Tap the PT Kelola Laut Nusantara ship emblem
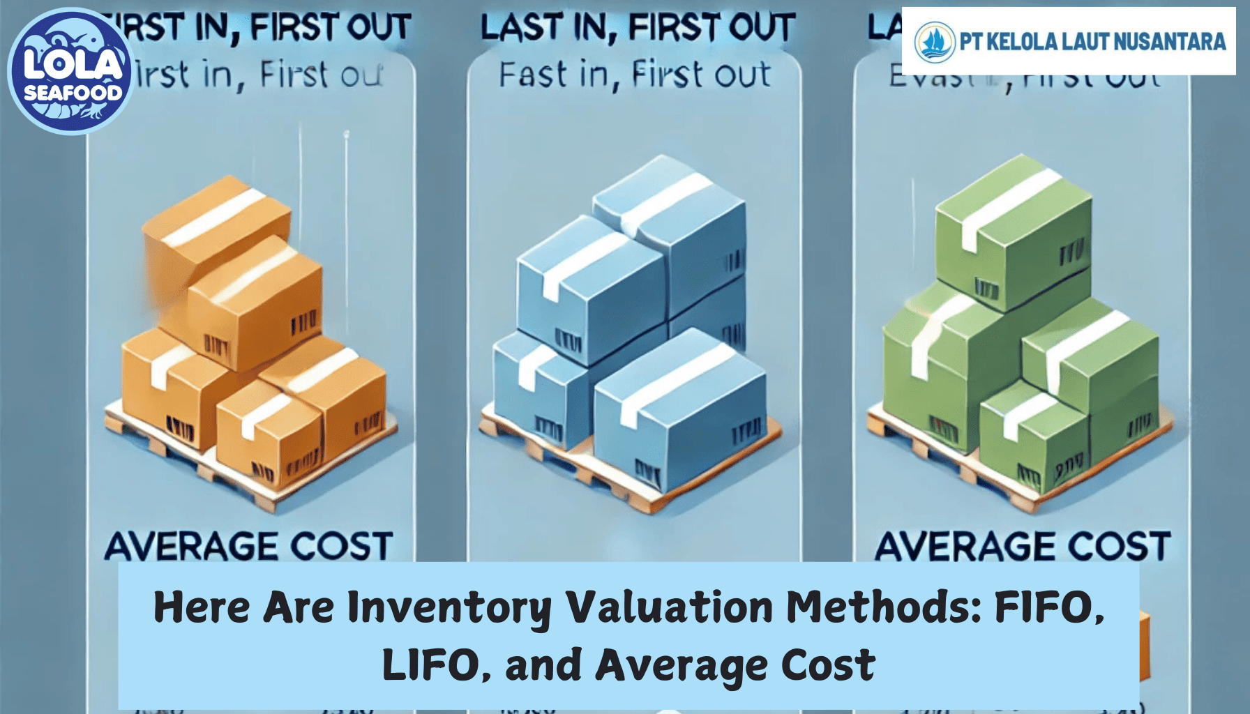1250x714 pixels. point(934,41)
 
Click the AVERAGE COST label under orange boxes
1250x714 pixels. point(248,546)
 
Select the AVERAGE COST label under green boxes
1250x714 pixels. point(1023,546)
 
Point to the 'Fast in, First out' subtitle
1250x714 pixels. point(635,75)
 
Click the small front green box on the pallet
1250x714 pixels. point(1032,436)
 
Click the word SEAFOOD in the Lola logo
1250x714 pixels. point(73,93)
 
